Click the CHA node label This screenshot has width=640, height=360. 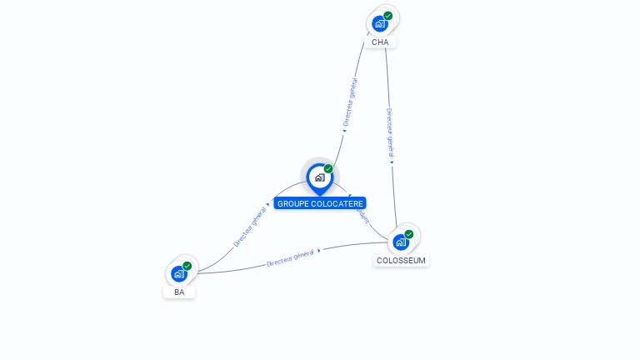380,42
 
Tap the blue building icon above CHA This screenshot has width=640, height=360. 380,23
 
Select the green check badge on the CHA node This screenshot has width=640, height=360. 387,16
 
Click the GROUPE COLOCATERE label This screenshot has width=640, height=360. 320,203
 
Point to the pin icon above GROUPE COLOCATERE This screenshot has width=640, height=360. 319,177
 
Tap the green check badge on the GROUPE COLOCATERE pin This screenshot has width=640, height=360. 328,169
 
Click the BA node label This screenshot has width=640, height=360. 179,292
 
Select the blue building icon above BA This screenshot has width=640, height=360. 178,273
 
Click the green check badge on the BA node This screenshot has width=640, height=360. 187,266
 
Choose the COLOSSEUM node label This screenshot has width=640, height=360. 401,260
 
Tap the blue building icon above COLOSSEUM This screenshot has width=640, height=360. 401,242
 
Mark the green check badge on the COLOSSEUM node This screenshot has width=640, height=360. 409,234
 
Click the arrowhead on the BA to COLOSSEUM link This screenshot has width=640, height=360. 319,250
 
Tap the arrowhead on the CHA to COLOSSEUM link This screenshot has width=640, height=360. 392,162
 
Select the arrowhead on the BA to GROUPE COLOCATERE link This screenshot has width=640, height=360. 268,203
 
